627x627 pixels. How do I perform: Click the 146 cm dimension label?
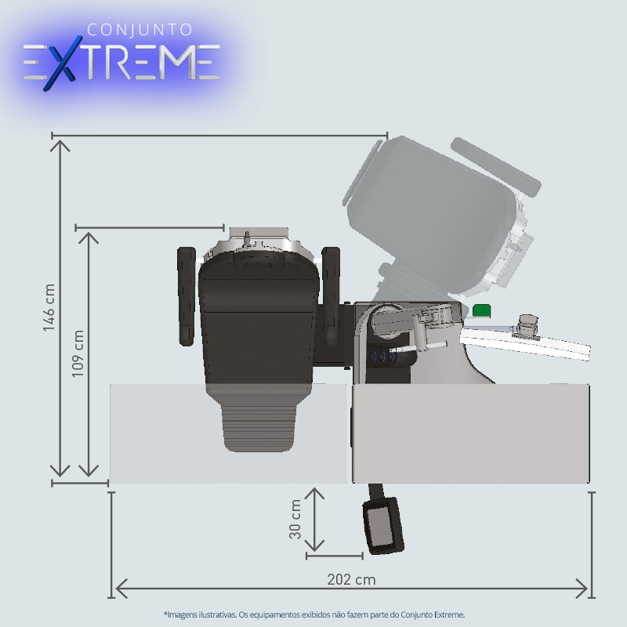click(49, 307)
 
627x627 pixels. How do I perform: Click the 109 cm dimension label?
click(78, 353)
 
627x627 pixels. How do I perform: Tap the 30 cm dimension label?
click(295, 519)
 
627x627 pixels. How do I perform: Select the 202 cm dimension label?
click(351, 579)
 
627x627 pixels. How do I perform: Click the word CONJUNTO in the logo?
click(140, 30)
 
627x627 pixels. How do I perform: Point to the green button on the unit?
click(481, 310)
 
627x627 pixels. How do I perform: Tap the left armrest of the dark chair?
click(187, 296)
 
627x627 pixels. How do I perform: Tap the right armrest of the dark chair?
click(331, 296)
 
